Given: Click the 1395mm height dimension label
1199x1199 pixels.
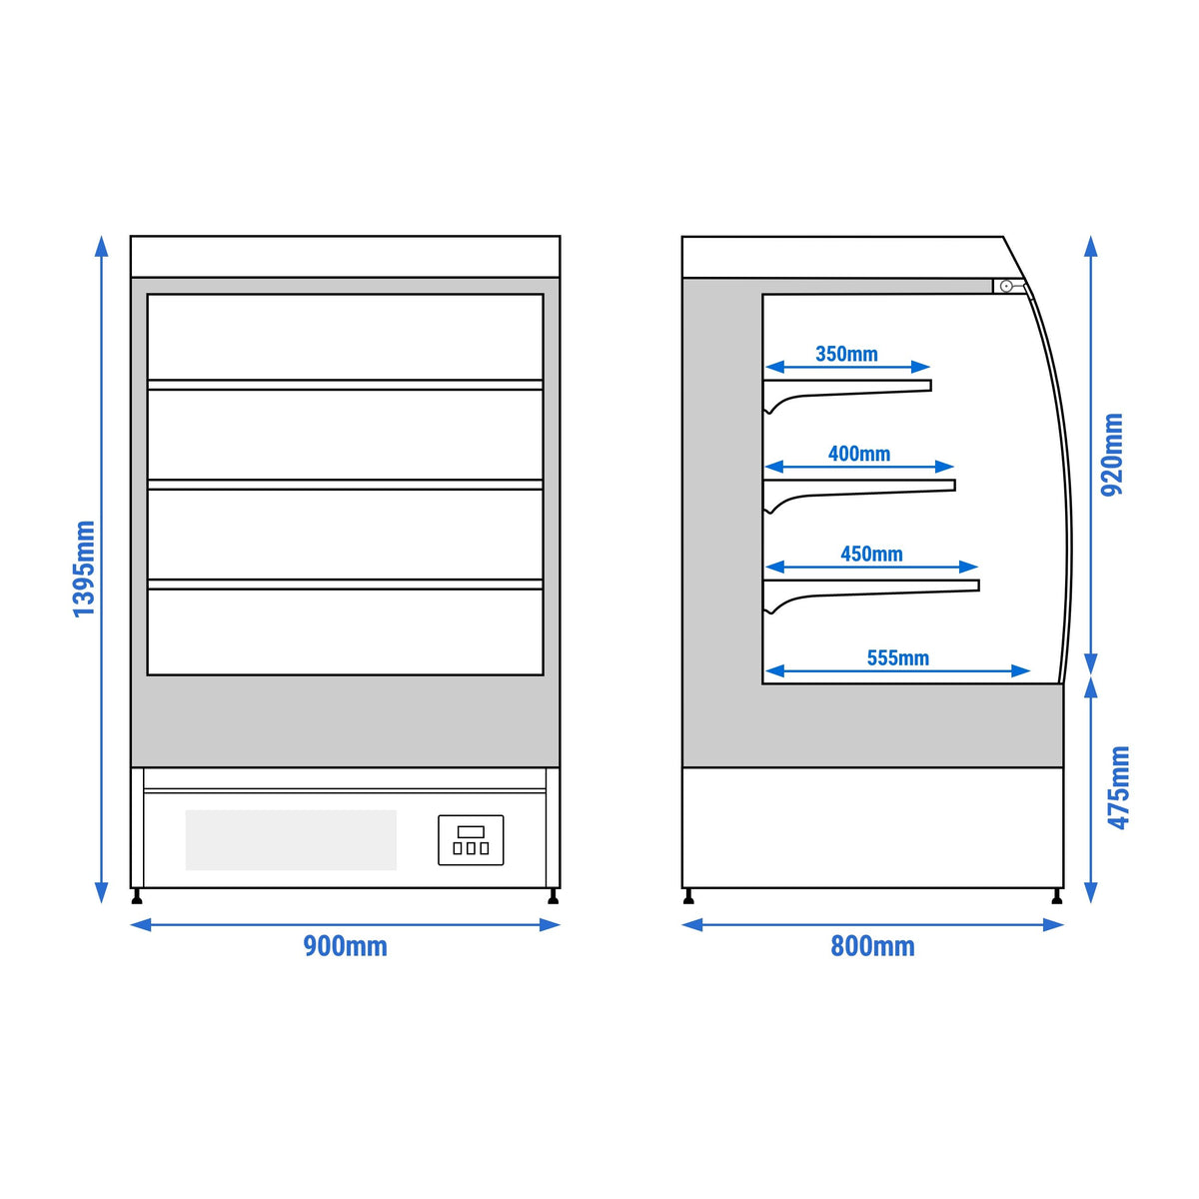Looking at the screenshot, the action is tap(84, 569).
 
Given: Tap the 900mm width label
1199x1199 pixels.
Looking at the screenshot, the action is tap(345, 946).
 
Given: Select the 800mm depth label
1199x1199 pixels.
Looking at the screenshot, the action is tap(872, 946).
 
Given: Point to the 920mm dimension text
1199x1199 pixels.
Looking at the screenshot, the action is tap(1112, 454).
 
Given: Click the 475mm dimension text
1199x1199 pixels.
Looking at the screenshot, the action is tap(1118, 787).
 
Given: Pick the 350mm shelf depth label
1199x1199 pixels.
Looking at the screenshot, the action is tap(846, 354).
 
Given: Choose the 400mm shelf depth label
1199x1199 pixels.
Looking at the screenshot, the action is tap(858, 454).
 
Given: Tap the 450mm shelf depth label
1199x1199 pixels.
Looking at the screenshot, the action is tap(871, 554).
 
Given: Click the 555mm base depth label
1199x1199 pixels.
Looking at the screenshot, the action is tap(898, 657).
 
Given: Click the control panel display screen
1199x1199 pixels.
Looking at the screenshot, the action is tap(471, 832).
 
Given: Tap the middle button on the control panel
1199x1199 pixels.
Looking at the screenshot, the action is tap(471, 848).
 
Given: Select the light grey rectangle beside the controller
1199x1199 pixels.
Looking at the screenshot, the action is tap(291, 840).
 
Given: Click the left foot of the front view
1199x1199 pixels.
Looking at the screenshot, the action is tap(137, 896).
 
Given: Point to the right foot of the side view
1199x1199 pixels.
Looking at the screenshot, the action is tap(1056, 896).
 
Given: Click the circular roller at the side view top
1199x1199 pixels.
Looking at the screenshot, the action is tap(1006, 286).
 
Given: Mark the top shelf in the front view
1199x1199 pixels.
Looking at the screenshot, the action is tap(345, 385).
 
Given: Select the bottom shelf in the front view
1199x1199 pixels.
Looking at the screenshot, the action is tap(345, 585).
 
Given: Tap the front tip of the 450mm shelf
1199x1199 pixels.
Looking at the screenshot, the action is tap(979, 586).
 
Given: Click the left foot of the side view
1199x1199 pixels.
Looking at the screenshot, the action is tap(688, 896).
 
